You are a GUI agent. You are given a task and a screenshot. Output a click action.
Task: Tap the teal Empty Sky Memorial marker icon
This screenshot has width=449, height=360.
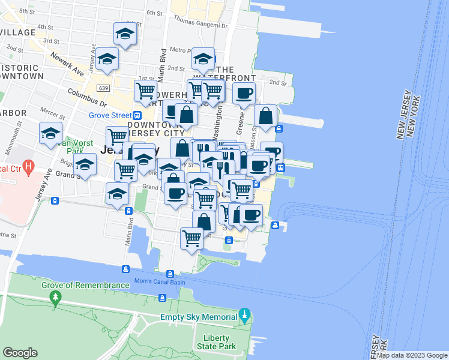244,314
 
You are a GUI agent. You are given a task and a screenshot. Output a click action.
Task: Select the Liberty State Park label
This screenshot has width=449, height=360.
217,341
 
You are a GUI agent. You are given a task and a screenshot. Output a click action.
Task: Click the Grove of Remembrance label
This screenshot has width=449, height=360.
85,285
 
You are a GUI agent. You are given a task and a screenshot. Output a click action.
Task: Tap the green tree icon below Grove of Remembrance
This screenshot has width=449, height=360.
56,297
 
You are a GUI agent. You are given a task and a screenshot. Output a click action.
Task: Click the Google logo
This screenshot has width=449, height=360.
20,353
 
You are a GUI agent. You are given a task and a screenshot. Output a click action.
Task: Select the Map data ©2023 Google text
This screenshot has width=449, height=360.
412,355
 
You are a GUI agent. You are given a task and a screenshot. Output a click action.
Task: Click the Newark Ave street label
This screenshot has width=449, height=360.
67,62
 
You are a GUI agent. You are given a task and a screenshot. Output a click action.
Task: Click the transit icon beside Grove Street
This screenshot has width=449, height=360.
137,115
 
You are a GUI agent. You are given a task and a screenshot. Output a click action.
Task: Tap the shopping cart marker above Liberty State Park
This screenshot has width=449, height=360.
192,239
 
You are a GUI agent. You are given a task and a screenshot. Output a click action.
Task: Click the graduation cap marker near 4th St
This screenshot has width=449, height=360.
125,34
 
